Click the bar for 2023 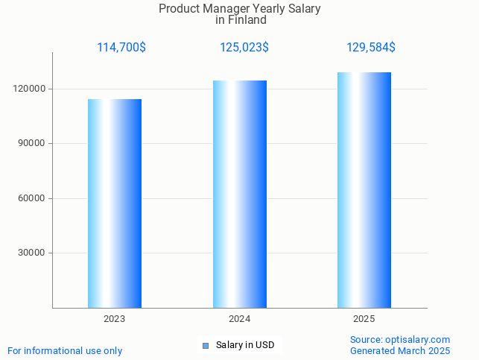[115, 203]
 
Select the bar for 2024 [240, 194]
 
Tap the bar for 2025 [364, 190]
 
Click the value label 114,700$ [121, 48]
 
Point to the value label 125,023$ [244, 48]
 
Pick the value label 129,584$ [371, 48]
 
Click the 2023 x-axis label [115, 319]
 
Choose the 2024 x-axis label [240, 319]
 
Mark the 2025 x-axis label [364, 319]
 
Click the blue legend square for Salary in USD [206, 345]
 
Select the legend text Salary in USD [245, 345]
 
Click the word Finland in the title [247, 20]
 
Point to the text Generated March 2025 [400, 350]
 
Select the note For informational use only [65, 350]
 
